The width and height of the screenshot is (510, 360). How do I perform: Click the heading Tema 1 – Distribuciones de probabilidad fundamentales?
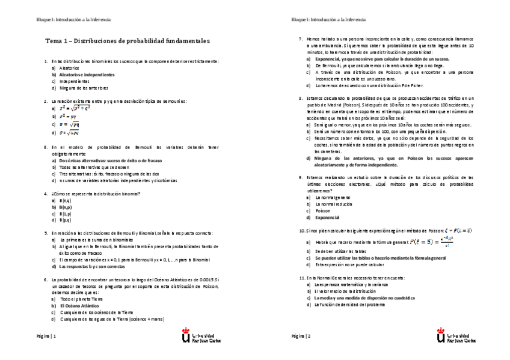(127, 41)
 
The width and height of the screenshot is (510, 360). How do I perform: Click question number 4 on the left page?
(47, 194)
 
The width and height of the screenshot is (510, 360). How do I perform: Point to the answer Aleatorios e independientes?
(87, 75)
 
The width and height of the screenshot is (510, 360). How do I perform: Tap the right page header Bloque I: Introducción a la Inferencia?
(328, 20)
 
